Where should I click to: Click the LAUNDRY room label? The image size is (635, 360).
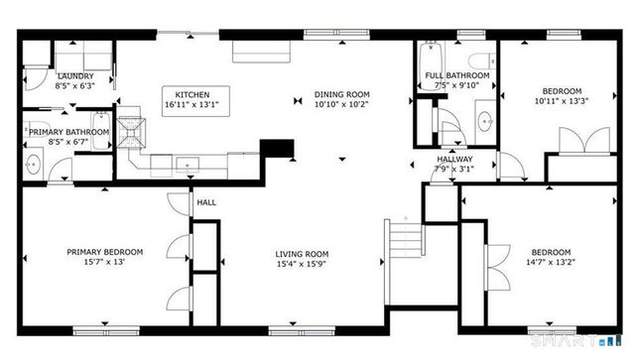(x=75, y=76)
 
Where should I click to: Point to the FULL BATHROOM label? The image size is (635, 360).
(x=456, y=76)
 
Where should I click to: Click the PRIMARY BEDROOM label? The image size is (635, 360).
(x=105, y=252)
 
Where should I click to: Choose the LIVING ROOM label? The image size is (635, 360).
(x=302, y=253)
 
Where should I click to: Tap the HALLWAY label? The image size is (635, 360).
(x=455, y=159)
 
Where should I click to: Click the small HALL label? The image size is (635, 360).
(x=206, y=202)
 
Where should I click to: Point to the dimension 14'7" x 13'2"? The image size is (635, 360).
(x=550, y=263)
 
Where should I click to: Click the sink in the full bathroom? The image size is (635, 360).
(x=485, y=122)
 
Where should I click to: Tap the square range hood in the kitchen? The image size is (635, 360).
(x=134, y=128)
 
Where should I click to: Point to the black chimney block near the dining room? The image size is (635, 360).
(x=279, y=149)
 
